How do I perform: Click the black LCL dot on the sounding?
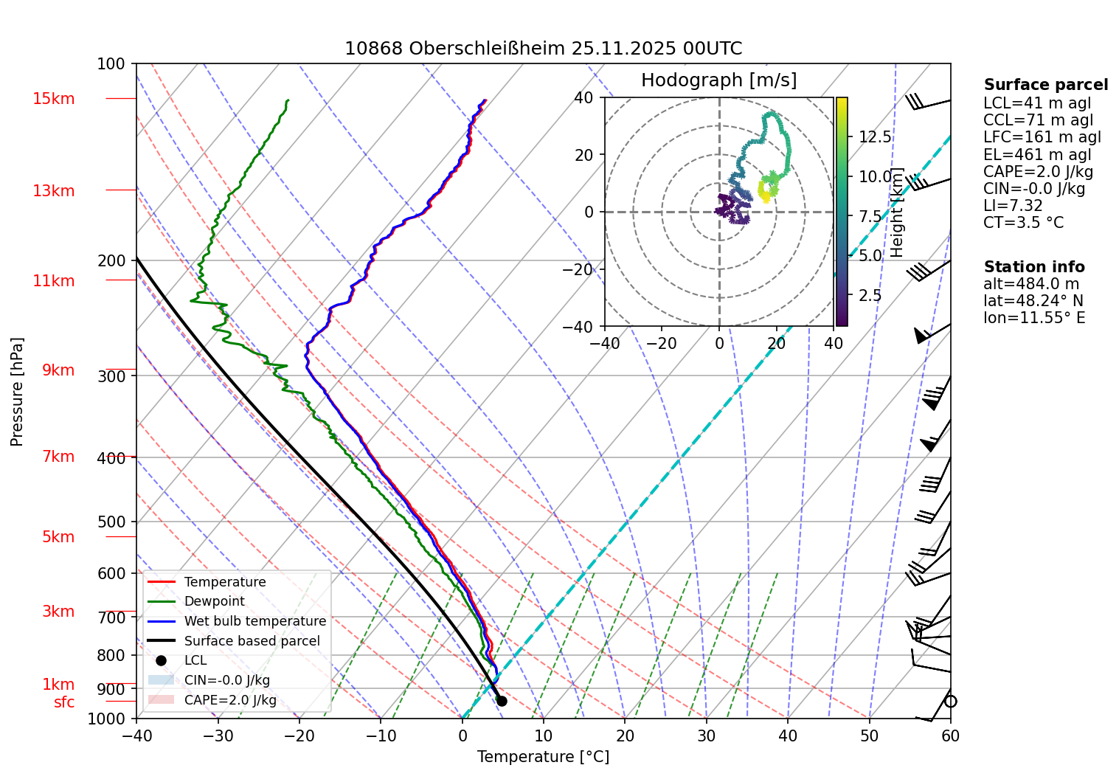coord(502,701)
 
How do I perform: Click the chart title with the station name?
coord(543,49)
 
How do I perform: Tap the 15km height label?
coord(53,99)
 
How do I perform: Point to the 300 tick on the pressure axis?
coord(111,376)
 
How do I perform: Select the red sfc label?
coord(64,702)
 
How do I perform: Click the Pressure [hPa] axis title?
coord(17,392)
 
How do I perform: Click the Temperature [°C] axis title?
coord(543,757)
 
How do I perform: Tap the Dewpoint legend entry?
coord(214,601)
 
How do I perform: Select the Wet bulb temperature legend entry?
coord(254,621)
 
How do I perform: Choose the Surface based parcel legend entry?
coord(252,641)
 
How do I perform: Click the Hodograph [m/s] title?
coord(718,80)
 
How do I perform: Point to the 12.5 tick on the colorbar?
coord(875,137)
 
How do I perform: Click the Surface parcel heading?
coord(1045,85)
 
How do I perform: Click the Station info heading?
coord(1033,267)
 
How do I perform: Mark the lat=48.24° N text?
coord(1033,301)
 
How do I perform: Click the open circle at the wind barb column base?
coord(950,702)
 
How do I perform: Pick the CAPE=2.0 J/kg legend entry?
coord(230,700)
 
